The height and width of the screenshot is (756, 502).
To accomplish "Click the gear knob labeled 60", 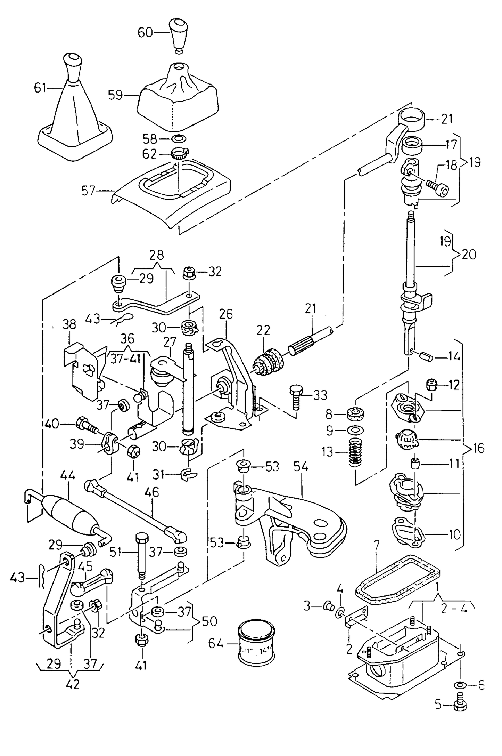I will (179, 35).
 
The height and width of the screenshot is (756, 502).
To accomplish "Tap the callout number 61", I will (40, 88).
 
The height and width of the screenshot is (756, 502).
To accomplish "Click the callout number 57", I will (88, 191).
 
